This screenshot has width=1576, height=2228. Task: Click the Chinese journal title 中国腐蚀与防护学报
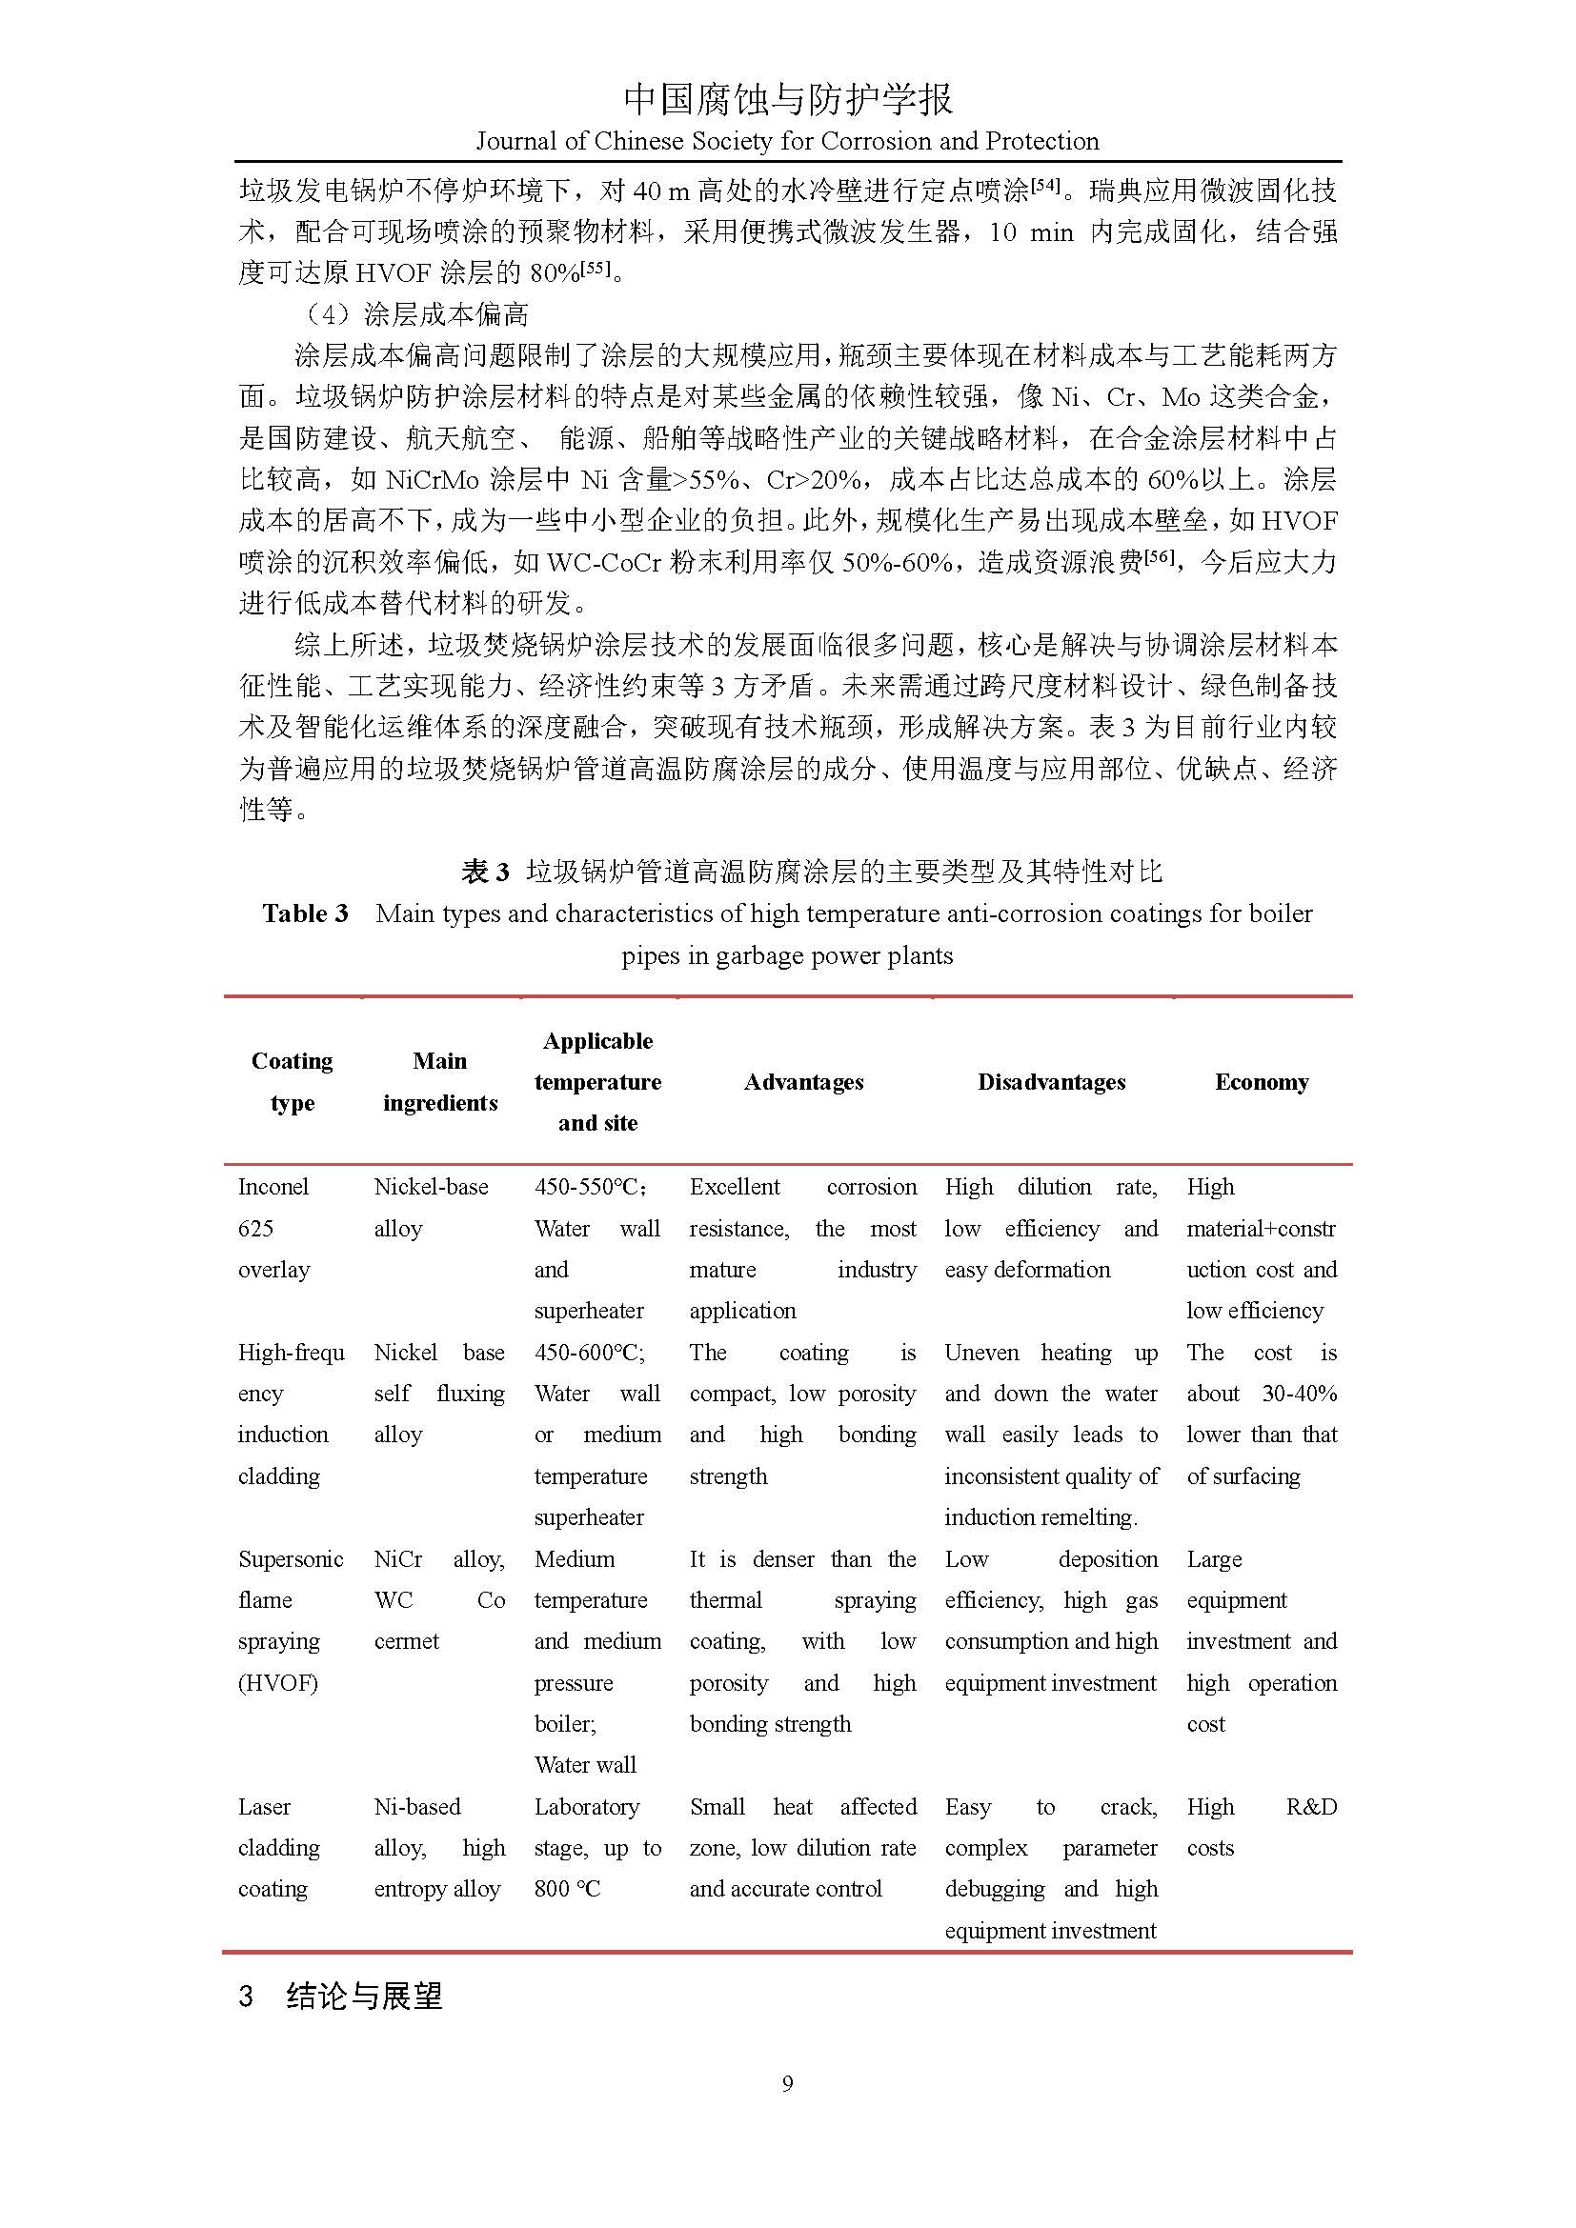(x=787, y=98)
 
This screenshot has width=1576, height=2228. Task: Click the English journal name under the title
(x=787, y=142)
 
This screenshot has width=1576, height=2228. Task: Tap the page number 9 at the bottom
(x=787, y=2083)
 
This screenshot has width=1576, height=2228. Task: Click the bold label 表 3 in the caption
(x=485, y=873)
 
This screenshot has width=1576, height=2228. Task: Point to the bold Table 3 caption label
(x=305, y=914)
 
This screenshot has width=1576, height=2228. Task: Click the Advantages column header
(x=803, y=1082)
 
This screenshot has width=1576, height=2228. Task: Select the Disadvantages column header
(x=1051, y=1082)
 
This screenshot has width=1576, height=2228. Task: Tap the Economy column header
(x=1262, y=1082)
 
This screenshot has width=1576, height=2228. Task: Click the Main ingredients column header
(x=439, y=1082)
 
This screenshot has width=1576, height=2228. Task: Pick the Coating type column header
(x=293, y=1082)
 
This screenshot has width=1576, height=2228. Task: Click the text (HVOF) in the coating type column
(x=277, y=1683)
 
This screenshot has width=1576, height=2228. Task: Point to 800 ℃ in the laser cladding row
(x=568, y=1889)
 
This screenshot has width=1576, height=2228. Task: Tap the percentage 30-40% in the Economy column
(x=1300, y=1395)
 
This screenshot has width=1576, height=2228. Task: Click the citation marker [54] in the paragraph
(x=1044, y=184)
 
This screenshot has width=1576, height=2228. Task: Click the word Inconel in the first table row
(x=273, y=1187)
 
